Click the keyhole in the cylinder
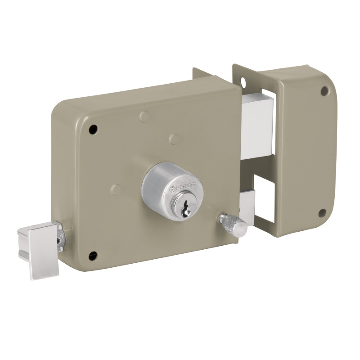coord(185,208)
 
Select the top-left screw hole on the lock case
coord(93,130)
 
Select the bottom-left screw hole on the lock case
coord(93,255)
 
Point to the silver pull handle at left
coord(39,250)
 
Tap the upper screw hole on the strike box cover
coord(324,91)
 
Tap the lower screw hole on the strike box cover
coord(323,213)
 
